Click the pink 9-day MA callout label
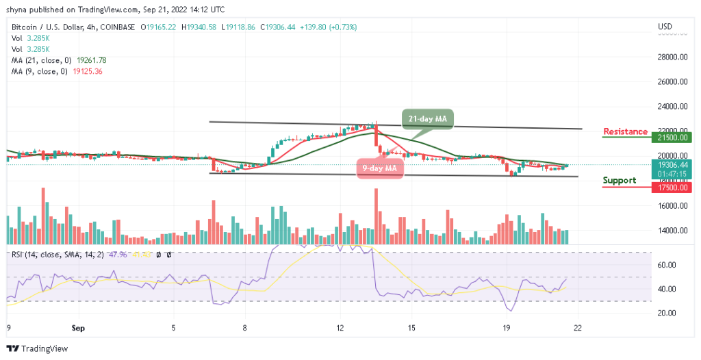(379, 168)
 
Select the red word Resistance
(625, 131)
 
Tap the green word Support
(619, 181)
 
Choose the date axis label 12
(340, 329)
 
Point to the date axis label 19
(507, 329)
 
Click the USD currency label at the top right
(664, 27)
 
